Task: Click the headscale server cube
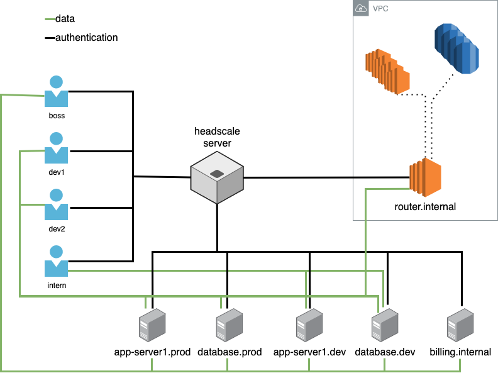[217, 177]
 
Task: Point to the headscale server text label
[217, 137]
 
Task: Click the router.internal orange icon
[426, 177]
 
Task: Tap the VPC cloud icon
[361, 8]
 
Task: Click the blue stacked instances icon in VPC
[456, 49]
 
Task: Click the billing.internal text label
[460, 352]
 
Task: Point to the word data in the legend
[65, 19]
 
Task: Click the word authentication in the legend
[86, 38]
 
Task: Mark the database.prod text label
[230, 352]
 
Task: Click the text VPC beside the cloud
[380, 9]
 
